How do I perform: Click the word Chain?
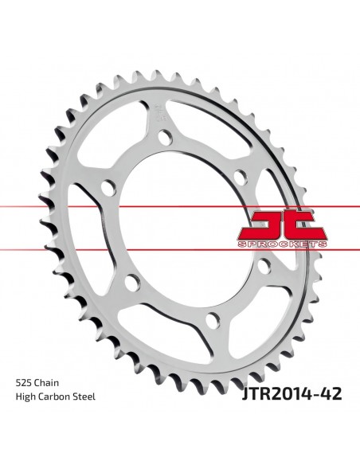coord(46,383)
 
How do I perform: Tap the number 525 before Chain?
coord(24,383)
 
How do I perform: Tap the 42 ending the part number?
coord(331,393)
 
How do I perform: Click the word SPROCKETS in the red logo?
coord(282,244)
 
